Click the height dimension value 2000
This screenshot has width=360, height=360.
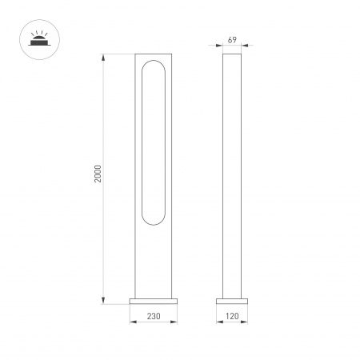pos(97,178)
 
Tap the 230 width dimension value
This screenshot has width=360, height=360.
pos(156,316)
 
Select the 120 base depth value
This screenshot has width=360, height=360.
pos(232,316)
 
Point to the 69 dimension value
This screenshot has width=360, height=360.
pos(232,39)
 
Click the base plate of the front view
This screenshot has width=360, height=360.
pos(156,302)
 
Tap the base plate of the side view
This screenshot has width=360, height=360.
pos(232,302)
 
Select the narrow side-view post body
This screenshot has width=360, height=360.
pos(232,176)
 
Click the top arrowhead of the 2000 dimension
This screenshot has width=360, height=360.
pos(105,57)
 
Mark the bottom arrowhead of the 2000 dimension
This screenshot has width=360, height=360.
pos(105,302)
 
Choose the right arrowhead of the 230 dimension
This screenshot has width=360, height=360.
pos(180,323)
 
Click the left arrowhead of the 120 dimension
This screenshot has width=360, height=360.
pos(219,323)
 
